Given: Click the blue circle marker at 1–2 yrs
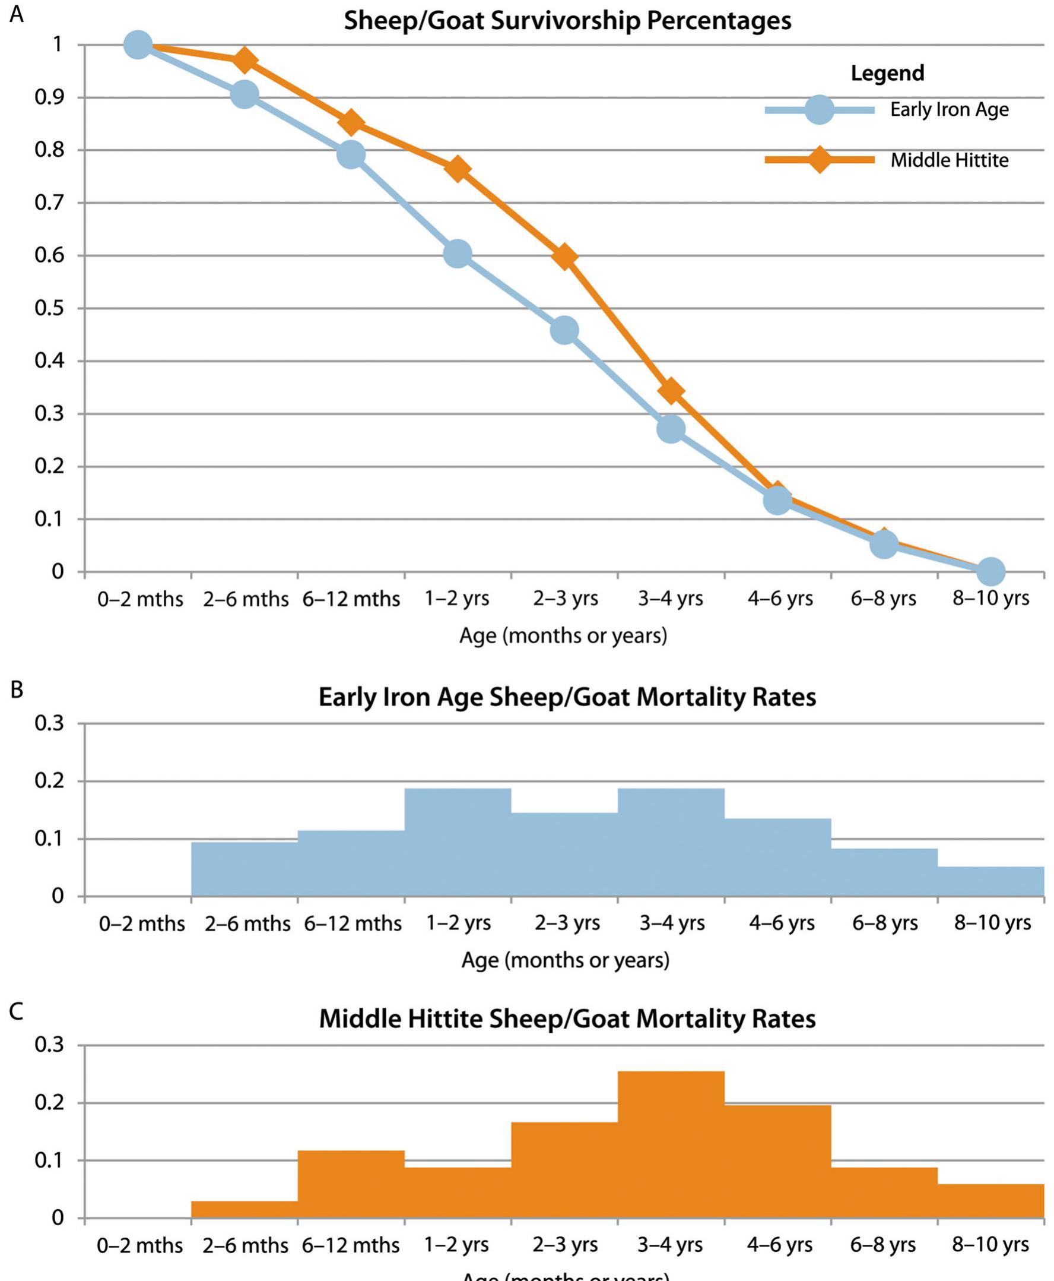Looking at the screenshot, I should [458, 253].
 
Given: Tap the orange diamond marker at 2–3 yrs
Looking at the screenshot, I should [564, 257].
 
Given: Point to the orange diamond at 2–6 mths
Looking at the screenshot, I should [245, 60].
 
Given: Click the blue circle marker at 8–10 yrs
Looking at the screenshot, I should [990, 570].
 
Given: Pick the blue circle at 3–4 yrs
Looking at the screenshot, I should [670, 429].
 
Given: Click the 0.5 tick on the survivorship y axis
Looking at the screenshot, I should [50, 309].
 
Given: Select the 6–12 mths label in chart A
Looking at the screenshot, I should [351, 599].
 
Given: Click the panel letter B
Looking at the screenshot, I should [17, 690].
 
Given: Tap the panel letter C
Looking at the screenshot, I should [17, 1012].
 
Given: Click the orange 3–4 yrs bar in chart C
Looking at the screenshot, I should [670, 1145].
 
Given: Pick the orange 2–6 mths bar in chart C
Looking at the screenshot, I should [245, 1209].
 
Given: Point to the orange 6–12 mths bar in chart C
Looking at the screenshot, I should [351, 1184].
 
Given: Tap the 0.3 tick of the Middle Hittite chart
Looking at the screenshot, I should [50, 1045].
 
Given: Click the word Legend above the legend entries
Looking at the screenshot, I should [887, 73].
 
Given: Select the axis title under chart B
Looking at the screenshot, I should [565, 960].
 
